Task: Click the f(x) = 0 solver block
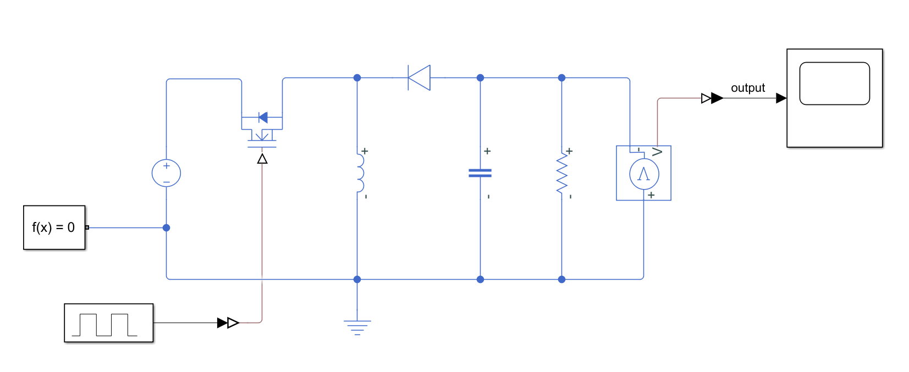[x=54, y=227]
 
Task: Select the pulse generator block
[x=108, y=323]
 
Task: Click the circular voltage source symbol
[x=166, y=173]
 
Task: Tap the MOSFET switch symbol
[x=262, y=130]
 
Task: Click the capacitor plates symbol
[x=480, y=173]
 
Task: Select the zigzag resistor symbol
[x=561, y=173]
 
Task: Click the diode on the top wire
[x=419, y=77]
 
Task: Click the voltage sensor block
[x=643, y=173]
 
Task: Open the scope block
[x=834, y=98]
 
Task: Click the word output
[x=747, y=88]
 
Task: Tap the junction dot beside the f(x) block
[x=166, y=227]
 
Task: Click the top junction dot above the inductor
[x=357, y=77]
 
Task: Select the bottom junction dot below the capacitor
[x=480, y=279]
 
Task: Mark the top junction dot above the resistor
[x=561, y=77]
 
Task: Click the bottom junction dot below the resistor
[x=561, y=279]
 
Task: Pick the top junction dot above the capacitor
[x=480, y=77]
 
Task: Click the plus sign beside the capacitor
[x=487, y=151]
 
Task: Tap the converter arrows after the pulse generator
[x=228, y=323]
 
